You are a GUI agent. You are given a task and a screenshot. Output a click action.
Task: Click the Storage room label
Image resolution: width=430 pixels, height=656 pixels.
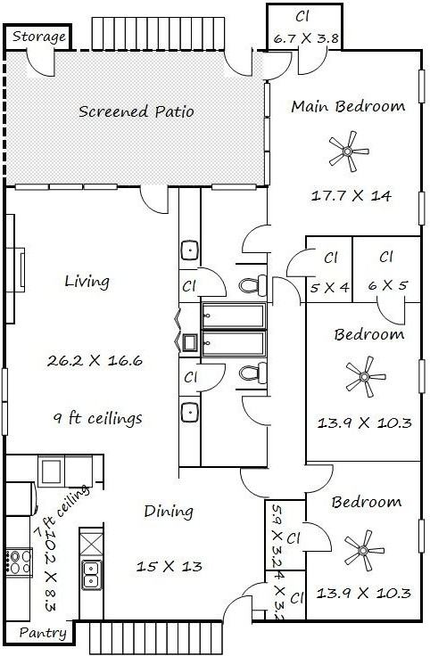click(x=39, y=37)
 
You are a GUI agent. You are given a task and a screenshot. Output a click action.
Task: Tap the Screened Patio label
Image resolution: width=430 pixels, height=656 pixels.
click(x=136, y=111)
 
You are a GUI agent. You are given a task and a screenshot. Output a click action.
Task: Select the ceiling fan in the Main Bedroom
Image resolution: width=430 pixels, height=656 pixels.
click(x=348, y=151)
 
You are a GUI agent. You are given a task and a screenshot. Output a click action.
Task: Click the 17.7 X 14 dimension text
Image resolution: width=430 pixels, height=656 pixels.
click(x=351, y=195)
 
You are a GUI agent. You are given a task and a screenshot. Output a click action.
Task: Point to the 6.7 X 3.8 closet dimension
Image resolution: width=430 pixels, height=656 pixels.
click(x=306, y=38)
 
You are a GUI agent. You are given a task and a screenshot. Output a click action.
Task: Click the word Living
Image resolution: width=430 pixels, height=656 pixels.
click(x=87, y=282)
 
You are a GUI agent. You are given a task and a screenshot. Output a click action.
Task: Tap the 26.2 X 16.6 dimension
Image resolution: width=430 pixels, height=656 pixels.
click(x=95, y=360)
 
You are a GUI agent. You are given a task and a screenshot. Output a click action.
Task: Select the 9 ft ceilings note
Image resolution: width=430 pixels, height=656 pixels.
click(x=98, y=418)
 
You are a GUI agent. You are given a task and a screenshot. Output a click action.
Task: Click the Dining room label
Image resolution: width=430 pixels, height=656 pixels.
click(x=169, y=512)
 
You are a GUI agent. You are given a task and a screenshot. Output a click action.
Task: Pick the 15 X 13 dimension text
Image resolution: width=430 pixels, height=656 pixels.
click(x=170, y=567)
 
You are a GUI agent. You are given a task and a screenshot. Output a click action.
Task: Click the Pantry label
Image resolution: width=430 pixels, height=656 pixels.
click(x=43, y=633)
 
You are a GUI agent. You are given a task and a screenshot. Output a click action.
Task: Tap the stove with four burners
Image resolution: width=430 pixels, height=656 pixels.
click(x=19, y=562)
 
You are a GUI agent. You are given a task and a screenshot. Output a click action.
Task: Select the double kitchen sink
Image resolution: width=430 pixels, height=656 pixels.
click(x=91, y=574)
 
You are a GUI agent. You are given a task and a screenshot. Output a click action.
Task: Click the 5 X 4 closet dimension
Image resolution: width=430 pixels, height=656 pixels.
click(x=329, y=287)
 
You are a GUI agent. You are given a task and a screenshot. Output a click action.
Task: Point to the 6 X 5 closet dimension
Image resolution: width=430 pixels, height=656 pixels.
click(x=388, y=285)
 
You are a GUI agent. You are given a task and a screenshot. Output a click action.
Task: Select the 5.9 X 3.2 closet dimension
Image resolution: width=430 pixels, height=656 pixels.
click(x=277, y=536)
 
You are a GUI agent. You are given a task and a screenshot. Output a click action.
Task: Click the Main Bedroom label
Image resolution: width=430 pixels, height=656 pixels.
click(x=348, y=106)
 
